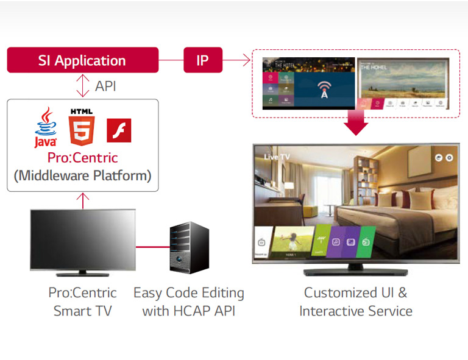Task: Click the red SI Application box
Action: tap(82, 61)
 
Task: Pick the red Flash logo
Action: tap(119, 130)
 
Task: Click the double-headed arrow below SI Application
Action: tap(82, 86)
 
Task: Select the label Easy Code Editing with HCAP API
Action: tap(188, 302)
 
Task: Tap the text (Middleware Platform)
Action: tap(82, 176)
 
